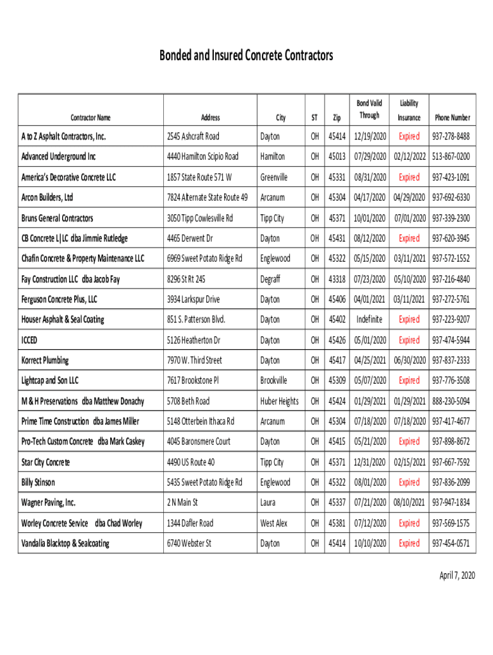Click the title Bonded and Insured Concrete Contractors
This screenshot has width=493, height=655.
click(x=246, y=56)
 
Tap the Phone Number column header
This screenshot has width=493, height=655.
click(x=452, y=118)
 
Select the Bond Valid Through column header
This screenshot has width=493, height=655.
click(x=369, y=109)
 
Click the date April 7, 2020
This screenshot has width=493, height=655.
click(x=457, y=576)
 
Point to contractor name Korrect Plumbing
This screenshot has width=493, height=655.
click(x=45, y=360)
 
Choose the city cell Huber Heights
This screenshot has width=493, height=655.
click(x=279, y=401)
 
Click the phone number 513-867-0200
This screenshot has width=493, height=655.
click(x=451, y=157)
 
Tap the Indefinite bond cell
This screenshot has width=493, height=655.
click(x=369, y=319)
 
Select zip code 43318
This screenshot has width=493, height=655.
click(x=337, y=279)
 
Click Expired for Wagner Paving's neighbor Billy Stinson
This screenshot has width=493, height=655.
click(x=409, y=482)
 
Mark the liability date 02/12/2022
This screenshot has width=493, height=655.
click(x=410, y=157)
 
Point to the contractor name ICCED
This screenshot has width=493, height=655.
click(x=33, y=340)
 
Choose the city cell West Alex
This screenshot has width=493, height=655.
click(x=273, y=523)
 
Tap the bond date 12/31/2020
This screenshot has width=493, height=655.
click(x=369, y=462)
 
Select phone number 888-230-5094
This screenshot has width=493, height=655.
click(x=451, y=401)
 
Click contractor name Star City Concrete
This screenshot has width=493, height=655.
click(x=45, y=462)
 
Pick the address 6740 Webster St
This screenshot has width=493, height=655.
click(x=189, y=543)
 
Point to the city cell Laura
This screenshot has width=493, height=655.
click(x=269, y=503)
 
